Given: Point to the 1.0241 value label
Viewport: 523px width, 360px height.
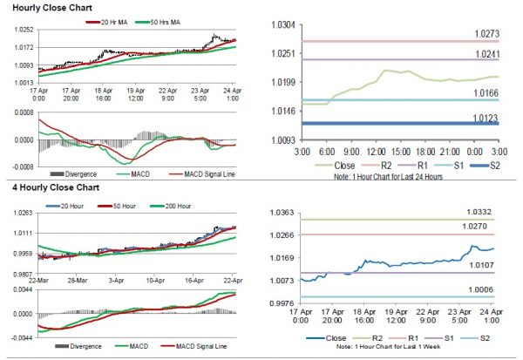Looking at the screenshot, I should click(x=485, y=54).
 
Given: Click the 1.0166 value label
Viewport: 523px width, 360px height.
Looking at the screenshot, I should click(x=485, y=93).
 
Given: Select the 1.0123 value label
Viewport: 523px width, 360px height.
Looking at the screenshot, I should click(x=485, y=117).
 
